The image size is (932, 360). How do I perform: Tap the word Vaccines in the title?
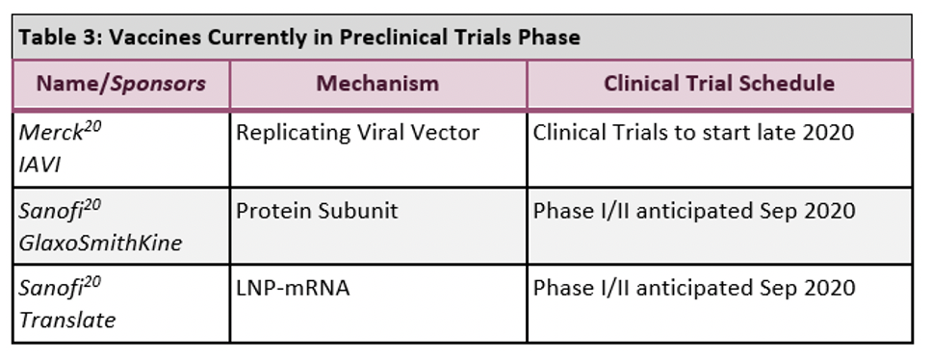(x=155, y=37)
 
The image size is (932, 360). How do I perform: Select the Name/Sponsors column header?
(x=121, y=83)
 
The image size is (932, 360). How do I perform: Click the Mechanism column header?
(x=377, y=83)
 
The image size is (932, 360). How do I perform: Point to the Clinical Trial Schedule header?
(x=719, y=83)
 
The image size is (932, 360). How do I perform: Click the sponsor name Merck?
(x=50, y=133)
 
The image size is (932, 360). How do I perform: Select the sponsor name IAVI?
(x=39, y=165)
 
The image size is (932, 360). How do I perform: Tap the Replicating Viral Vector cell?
(x=358, y=133)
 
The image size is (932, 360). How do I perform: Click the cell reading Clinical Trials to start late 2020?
(x=693, y=133)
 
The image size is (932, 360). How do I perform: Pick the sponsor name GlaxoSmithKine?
(x=100, y=243)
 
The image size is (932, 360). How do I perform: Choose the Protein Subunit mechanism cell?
(x=318, y=211)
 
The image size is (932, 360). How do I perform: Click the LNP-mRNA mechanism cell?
(x=293, y=288)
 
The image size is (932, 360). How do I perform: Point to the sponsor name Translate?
(x=67, y=321)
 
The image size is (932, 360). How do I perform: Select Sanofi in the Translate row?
(x=50, y=289)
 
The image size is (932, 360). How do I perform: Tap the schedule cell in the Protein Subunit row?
(x=694, y=211)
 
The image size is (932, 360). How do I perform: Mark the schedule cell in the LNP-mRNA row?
(x=694, y=288)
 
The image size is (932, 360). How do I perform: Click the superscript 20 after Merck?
(x=91, y=127)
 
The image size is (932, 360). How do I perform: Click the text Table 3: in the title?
(x=61, y=37)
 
